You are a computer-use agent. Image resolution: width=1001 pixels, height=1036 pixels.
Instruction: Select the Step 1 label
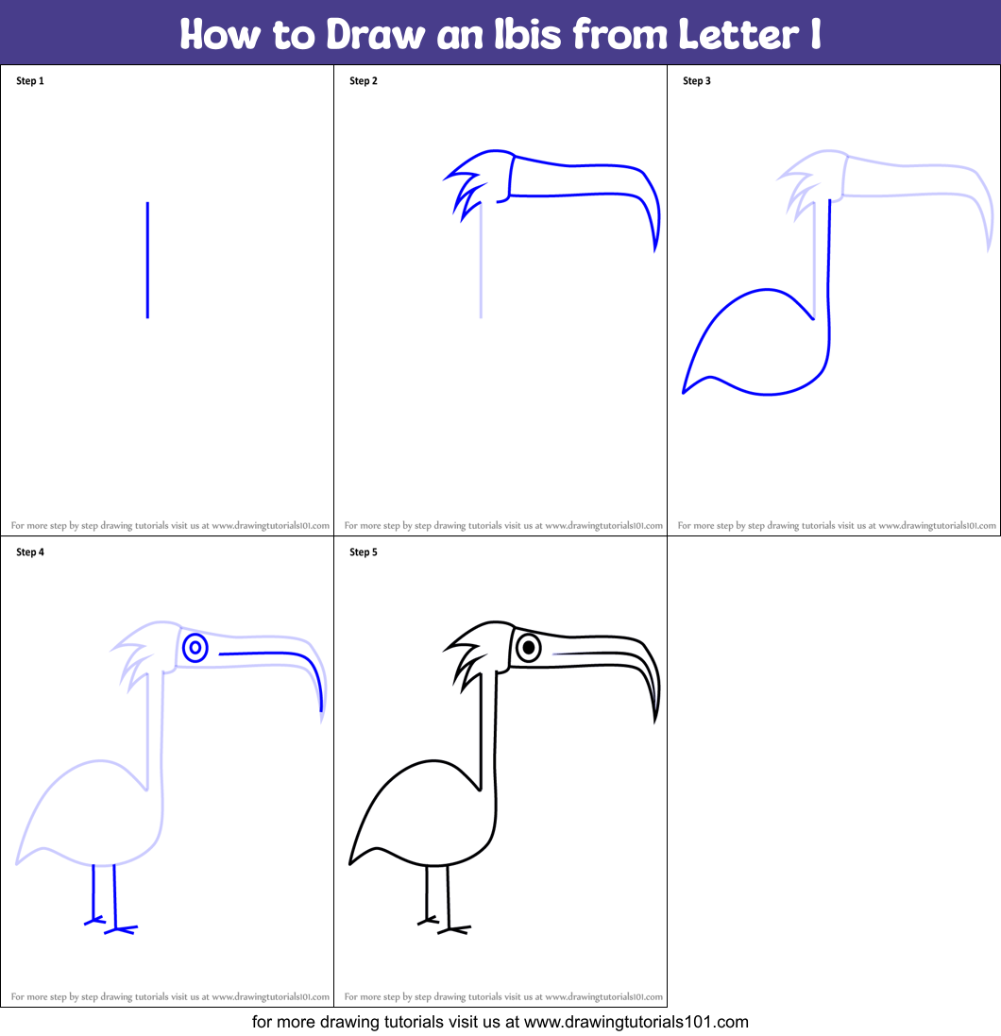[30, 81]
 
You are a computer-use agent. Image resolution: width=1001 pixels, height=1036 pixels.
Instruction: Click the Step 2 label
[364, 81]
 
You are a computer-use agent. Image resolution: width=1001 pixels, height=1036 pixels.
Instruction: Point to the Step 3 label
[697, 81]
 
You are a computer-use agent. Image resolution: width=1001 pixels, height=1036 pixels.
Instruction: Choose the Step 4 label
[30, 552]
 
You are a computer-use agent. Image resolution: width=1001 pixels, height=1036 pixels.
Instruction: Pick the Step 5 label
[364, 552]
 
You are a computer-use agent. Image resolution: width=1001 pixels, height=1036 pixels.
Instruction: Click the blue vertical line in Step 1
[147, 260]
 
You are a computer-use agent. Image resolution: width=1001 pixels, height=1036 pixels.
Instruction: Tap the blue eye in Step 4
[195, 648]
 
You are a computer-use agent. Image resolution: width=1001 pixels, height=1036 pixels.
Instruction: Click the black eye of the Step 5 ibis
[529, 648]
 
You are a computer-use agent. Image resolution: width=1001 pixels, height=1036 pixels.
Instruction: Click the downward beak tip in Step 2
[654, 247]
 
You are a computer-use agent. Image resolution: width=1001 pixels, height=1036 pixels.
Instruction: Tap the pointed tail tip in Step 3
[685, 390]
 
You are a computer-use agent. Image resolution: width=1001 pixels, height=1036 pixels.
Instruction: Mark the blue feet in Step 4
[111, 926]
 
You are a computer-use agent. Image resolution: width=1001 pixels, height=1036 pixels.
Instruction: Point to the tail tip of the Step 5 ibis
[351, 861]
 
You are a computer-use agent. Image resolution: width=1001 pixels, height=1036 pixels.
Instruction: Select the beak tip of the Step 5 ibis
[654, 721]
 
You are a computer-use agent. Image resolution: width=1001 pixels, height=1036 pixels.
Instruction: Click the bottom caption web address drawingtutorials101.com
[636, 1022]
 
